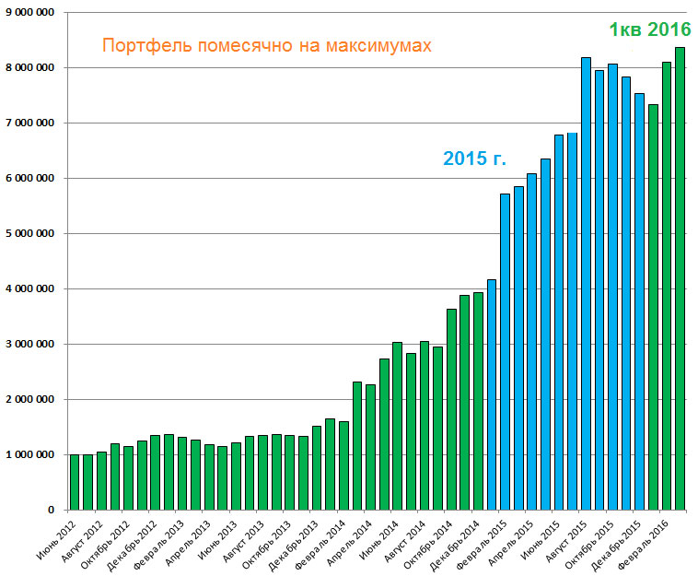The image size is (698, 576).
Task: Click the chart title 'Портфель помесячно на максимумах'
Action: pyautogui.click(x=266, y=44)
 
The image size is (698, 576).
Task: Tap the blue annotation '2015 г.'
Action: pyautogui.click(x=474, y=158)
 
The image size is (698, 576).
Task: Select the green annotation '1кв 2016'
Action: pyautogui.click(x=649, y=29)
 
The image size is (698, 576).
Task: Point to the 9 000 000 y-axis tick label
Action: pyautogui.click(x=29, y=12)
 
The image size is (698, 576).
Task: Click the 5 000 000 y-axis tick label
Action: pyautogui.click(x=29, y=233)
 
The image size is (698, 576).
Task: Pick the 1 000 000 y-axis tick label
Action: pyautogui.click(x=29, y=454)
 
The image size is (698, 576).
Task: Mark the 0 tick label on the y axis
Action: pyautogui.click(x=52, y=510)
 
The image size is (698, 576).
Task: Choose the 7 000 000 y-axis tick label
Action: pyautogui.click(x=29, y=123)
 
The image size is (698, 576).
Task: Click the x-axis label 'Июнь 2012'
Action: pyautogui.click(x=58, y=537)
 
